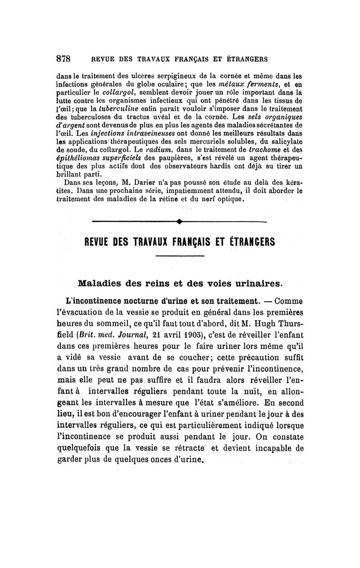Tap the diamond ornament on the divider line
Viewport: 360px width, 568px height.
(179, 221)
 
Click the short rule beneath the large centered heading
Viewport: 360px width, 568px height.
(180, 256)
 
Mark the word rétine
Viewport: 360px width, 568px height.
(184, 199)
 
